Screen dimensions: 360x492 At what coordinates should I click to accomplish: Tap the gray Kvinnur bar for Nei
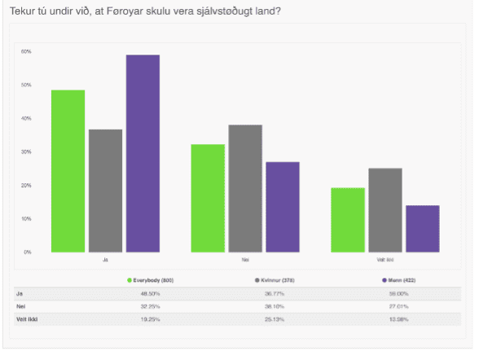pyautogui.click(x=246, y=188)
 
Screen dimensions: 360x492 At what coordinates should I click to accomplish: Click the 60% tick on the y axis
pyautogui.click(x=26, y=51)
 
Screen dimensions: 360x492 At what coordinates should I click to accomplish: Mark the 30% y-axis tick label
pyautogui.click(x=26, y=151)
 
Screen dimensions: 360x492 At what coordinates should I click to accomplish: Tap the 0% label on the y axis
pyautogui.click(x=27, y=252)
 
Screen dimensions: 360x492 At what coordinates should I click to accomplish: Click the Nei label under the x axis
pyautogui.click(x=245, y=261)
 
